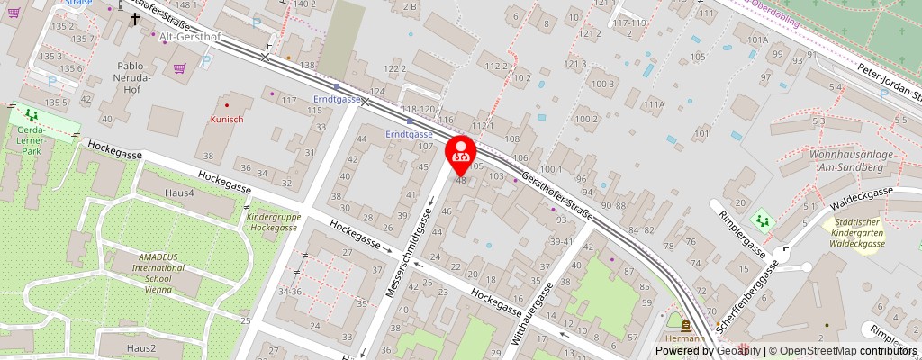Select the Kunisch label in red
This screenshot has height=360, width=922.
point(227,119)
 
